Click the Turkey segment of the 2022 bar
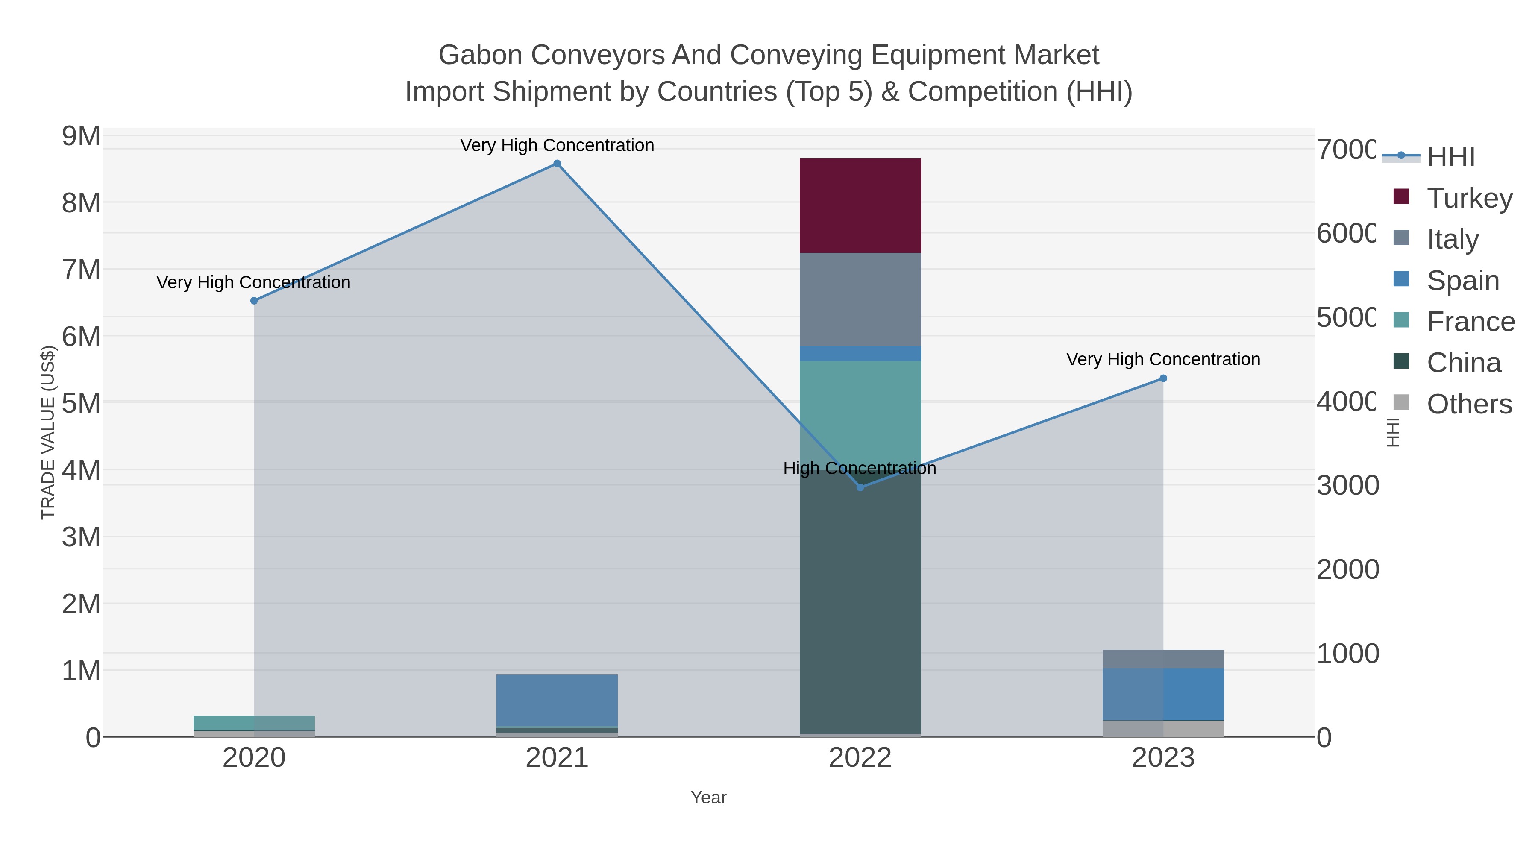click(x=860, y=205)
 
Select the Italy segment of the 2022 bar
click(x=860, y=299)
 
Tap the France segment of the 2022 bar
click(x=860, y=412)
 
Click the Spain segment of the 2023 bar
click(x=1162, y=694)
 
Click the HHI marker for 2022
click(x=860, y=487)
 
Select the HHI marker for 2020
click(x=254, y=301)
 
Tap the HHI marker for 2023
click(x=1162, y=378)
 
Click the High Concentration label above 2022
click(x=859, y=469)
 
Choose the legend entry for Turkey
click(x=1469, y=198)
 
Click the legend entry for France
click(x=1470, y=322)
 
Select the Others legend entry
click(x=1469, y=404)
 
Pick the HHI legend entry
click(x=1451, y=157)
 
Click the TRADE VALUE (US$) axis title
click(x=48, y=432)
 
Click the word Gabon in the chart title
click(x=480, y=55)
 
